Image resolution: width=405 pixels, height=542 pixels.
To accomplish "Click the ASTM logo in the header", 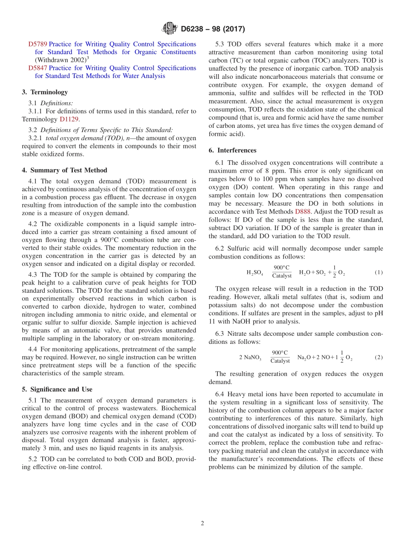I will point(169,29).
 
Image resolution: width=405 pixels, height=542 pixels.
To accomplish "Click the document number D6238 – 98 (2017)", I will point(213,29).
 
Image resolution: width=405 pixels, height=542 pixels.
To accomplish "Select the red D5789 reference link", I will point(38,44).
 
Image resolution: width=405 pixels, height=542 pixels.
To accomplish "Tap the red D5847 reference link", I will point(38,68).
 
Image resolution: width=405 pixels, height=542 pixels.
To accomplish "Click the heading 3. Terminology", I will point(44,92).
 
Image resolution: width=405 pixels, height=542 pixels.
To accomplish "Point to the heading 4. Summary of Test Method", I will point(64,170).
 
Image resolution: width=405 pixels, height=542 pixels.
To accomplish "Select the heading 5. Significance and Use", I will point(57,389).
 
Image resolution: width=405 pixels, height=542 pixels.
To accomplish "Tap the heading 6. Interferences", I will point(232,150).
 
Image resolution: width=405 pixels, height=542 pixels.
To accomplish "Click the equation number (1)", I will point(378,272).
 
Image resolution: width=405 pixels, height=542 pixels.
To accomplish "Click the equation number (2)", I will point(378,357).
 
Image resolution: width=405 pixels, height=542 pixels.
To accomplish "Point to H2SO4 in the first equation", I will point(255,273).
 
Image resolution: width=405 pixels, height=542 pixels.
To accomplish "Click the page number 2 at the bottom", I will point(202,523).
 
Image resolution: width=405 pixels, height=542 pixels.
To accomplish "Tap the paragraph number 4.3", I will point(33,274).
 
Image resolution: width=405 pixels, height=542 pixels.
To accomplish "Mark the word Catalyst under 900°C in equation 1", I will point(282,276).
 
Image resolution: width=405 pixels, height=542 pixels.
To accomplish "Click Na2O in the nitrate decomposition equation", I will point(304,357).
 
